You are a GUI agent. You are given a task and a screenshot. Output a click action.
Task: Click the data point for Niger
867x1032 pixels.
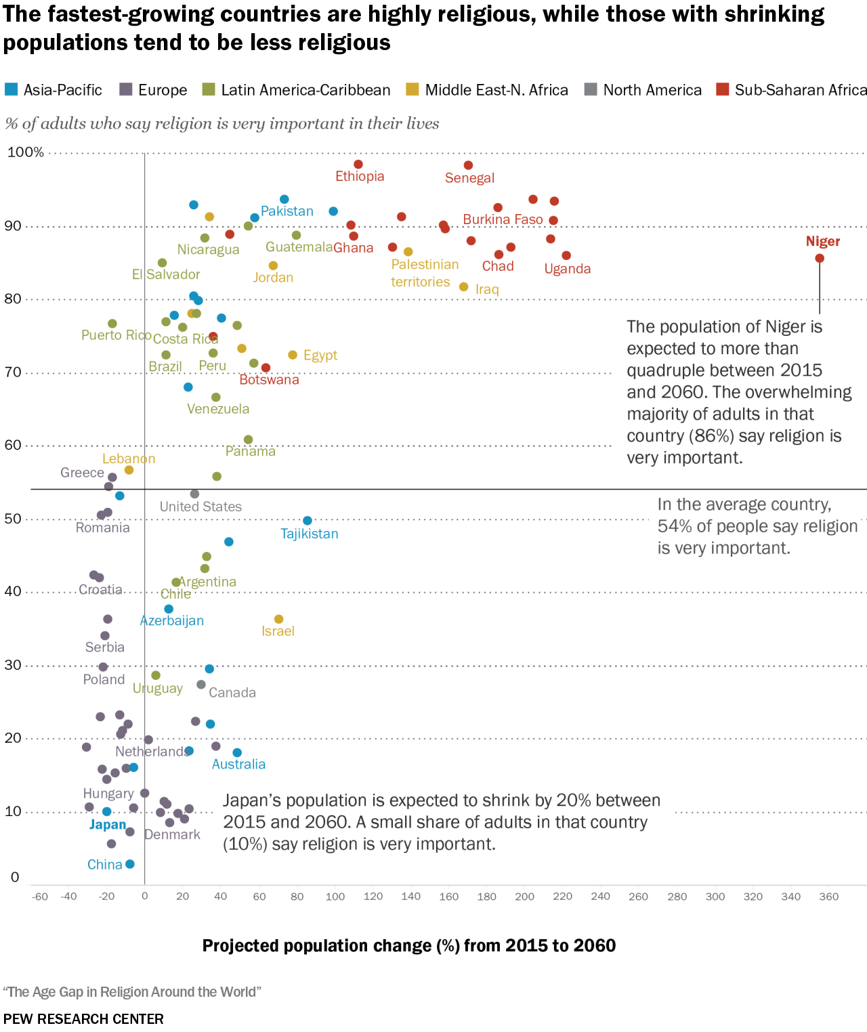pos(820,258)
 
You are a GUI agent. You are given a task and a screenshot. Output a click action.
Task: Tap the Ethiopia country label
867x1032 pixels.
pos(360,177)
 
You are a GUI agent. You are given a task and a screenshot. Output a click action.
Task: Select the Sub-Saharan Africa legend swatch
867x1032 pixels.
pos(723,89)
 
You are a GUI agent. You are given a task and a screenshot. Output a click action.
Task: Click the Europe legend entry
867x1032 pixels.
pos(162,90)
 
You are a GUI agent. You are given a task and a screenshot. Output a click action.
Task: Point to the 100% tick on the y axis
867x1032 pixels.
pos(26,152)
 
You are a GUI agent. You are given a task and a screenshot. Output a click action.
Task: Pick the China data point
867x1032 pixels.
pos(130,864)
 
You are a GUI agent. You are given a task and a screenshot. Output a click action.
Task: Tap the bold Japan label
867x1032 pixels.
pos(108,825)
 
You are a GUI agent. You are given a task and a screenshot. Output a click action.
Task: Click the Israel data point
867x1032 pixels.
pos(278,620)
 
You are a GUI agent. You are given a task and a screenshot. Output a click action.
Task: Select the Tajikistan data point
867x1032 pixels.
pos(308,521)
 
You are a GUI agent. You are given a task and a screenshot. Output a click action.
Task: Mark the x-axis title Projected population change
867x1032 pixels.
pos(409,946)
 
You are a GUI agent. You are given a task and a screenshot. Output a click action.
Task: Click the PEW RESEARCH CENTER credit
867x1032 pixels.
pos(83,1019)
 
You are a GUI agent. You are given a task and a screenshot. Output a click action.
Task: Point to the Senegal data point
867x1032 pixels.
pos(468,165)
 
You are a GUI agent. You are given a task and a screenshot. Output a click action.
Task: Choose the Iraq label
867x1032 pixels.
pos(487,290)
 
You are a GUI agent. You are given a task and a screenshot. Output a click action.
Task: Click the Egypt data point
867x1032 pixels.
pos(293,355)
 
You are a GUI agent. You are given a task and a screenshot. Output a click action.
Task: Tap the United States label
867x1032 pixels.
pos(200,507)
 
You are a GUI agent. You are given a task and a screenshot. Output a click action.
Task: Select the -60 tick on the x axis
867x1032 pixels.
pos(40,897)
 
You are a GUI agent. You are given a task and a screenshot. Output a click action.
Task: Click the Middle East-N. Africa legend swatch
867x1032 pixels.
pos(413,89)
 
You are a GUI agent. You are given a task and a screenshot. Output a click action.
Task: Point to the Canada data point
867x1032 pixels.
pos(201,685)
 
